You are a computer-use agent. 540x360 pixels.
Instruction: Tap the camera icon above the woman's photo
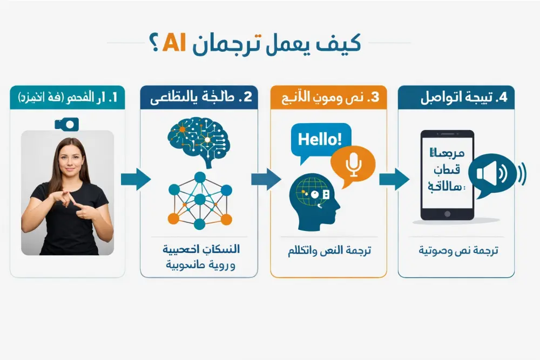pos(67,124)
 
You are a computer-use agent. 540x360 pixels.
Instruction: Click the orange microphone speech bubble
pos(353,165)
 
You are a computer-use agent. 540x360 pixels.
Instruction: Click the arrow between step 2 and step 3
pos(265,179)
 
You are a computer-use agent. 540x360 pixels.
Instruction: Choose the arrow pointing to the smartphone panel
pos(393,179)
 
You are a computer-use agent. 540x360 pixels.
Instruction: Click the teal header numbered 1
pos(67,98)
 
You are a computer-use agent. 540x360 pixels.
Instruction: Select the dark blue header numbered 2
pos(199,98)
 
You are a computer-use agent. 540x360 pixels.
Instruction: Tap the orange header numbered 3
pos(328,98)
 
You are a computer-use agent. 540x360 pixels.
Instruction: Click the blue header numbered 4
pos(456,98)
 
